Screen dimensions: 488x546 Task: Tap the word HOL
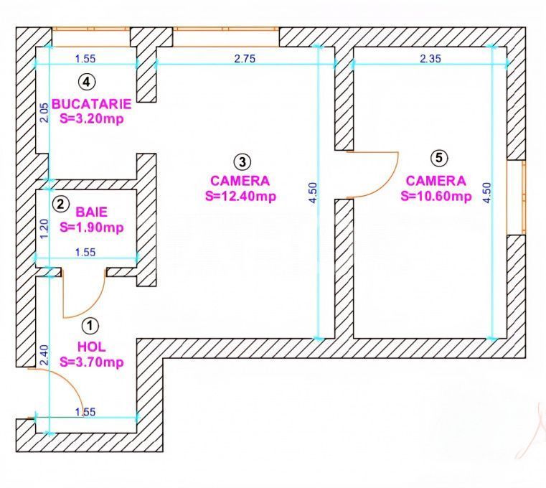pyautogui.click(x=90, y=347)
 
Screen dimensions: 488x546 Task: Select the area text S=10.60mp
pyautogui.click(x=436, y=196)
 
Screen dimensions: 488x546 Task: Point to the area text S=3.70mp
pyautogui.click(x=92, y=362)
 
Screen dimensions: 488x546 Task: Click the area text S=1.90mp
pyautogui.click(x=92, y=228)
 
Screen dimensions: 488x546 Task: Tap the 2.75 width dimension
pyautogui.click(x=245, y=60)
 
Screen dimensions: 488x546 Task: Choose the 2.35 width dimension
pyautogui.click(x=430, y=60)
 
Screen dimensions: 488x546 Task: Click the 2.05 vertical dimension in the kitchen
pyautogui.click(x=44, y=113)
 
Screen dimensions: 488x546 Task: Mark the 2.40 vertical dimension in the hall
pyautogui.click(x=44, y=356)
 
